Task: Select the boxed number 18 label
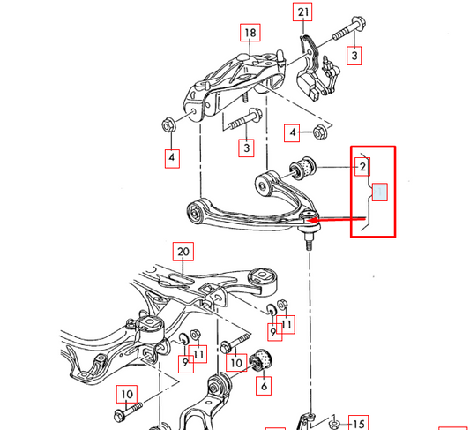[x=250, y=34]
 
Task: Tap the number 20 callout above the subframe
[x=183, y=252]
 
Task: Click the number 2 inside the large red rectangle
[x=362, y=165]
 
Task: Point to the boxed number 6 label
[x=263, y=385]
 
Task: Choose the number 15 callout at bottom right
[x=356, y=421]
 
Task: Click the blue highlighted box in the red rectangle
[x=379, y=192]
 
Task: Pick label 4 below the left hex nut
[x=172, y=158]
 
